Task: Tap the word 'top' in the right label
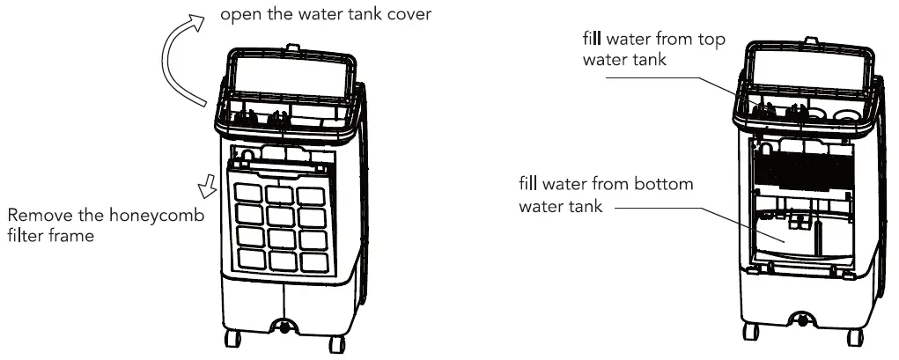point(694,40)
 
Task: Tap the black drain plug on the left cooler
point(284,327)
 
